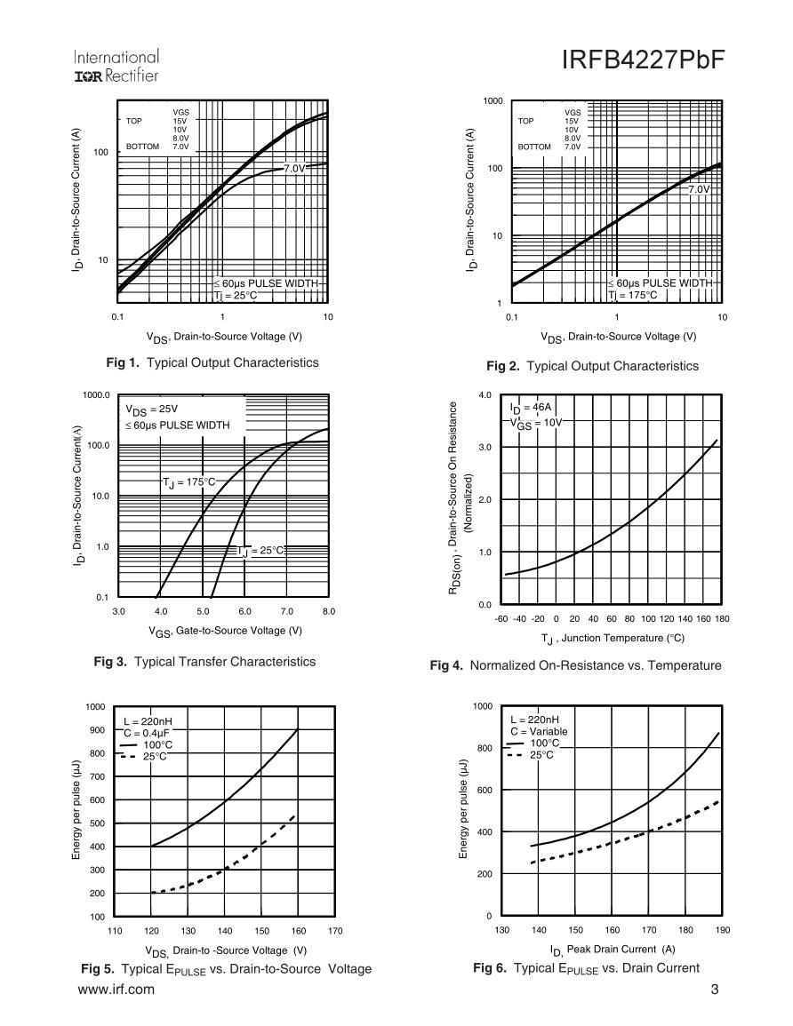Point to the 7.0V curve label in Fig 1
[x=295, y=168]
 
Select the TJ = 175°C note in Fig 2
[x=634, y=294]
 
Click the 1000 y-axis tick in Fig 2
[x=493, y=101]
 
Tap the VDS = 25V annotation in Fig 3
[x=153, y=410]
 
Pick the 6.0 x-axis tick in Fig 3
[x=244, y=611]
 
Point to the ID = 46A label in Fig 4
[x=532, y=408]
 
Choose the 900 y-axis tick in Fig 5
[x=95, y=730]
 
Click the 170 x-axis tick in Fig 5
[x=334, y=931]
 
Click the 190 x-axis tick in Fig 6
[x=722, y=930]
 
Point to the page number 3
[x=715, y=990]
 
